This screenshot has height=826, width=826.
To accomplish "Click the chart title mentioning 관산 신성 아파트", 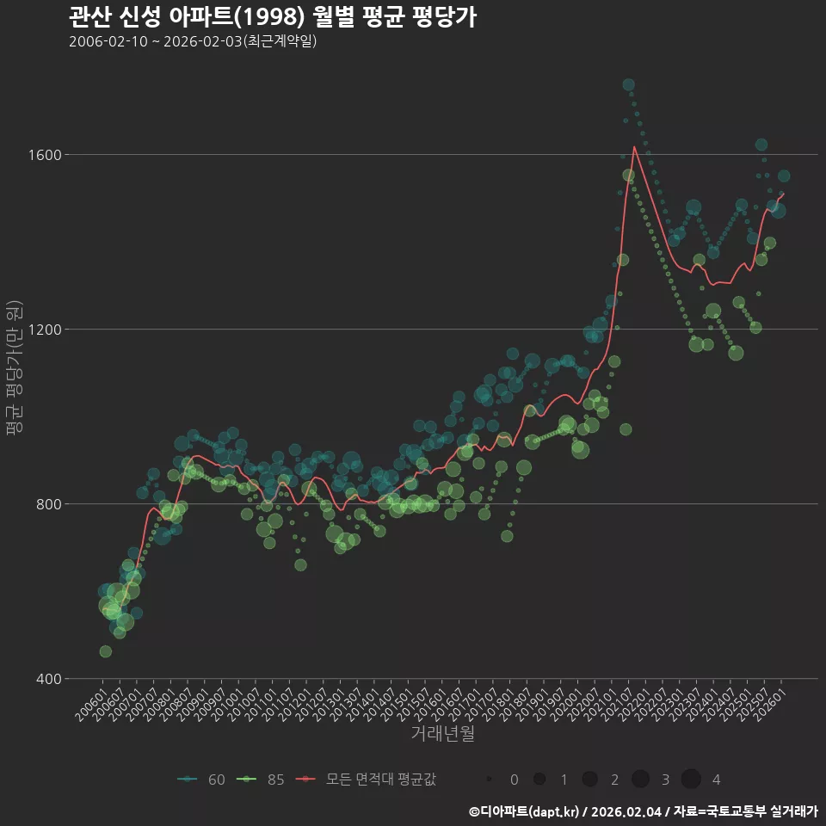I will (272, 17).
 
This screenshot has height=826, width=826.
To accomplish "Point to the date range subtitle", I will (193, 41).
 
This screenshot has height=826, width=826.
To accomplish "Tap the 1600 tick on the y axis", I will (44, 155).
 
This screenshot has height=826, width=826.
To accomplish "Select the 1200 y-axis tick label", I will (44, 330).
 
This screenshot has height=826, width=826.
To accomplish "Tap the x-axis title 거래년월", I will (442, 734).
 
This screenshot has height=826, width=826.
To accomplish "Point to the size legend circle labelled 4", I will (691, 780).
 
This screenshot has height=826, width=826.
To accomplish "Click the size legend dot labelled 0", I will (490, 780).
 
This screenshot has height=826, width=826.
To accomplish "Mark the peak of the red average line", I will (634, 146).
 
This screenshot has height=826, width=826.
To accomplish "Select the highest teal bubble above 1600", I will (628, 84).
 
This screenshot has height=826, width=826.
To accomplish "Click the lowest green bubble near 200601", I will (105, 651).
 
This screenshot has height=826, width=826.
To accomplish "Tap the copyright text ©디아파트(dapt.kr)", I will (525, 811).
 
